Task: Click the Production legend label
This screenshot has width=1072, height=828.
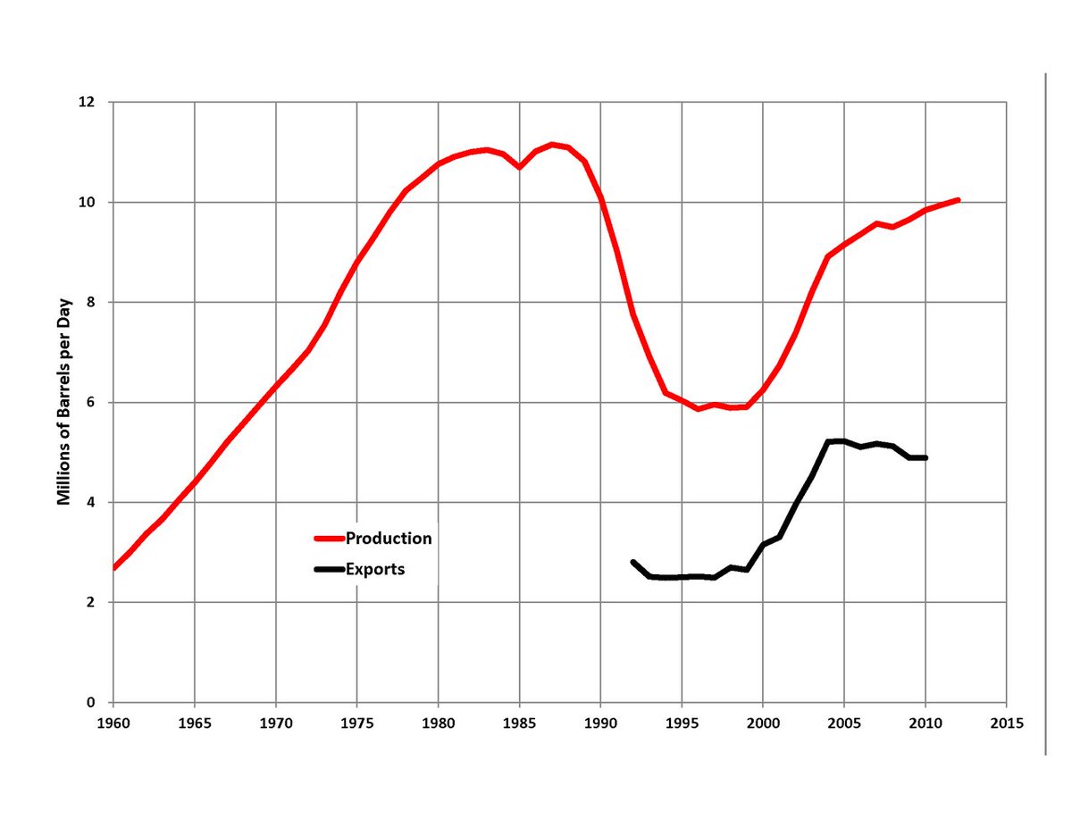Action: point(389,539)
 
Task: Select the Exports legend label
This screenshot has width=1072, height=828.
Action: point(375,569)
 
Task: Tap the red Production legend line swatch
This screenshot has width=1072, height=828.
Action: point(329,539)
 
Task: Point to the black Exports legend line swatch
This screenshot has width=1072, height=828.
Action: point(329,570)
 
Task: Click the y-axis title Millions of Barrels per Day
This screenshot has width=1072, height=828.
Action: point(64,402)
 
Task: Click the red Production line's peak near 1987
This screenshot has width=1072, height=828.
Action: point(552,144)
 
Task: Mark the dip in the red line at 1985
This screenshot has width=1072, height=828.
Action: point(519,167)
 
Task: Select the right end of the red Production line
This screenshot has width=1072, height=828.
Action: point(958,200)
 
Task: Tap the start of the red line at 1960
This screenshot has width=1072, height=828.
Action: point(113,568)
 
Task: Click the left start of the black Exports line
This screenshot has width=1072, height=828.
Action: point(633,563)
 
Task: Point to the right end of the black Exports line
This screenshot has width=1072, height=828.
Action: point(925,457)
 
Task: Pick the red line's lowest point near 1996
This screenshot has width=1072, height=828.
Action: point(698,409)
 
